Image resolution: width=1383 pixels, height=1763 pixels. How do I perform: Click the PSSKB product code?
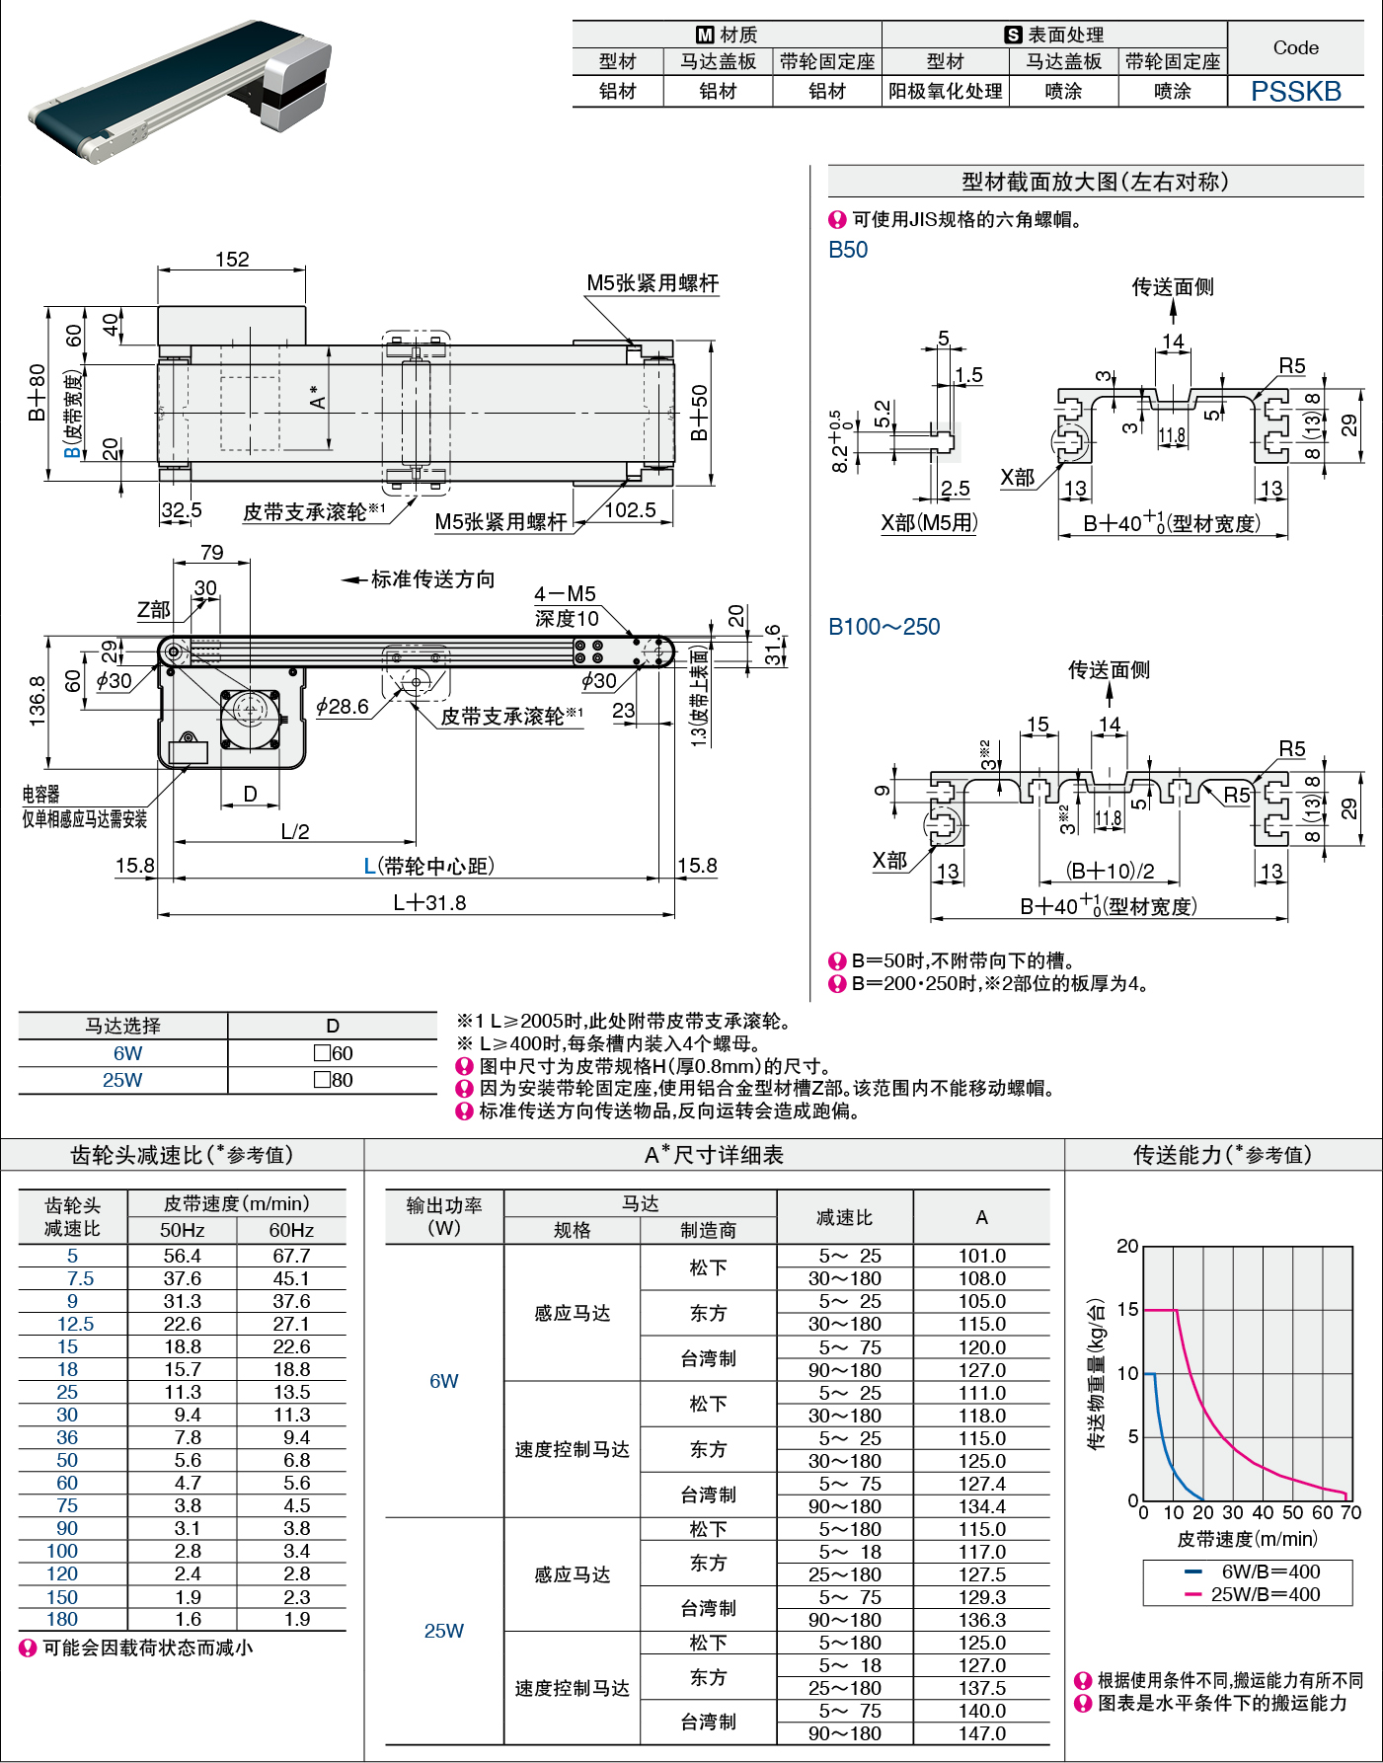[1295, 91]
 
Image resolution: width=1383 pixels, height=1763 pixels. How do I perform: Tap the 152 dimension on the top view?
[232, 259]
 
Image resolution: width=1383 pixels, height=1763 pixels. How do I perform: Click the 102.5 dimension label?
[630, 509]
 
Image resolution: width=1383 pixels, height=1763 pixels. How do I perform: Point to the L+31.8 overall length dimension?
[429, 902]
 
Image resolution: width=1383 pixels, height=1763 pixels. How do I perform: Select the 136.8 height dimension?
[38, 701]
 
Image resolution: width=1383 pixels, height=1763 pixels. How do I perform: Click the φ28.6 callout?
[342, 706]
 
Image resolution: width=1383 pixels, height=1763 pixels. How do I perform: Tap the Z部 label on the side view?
[153, 610]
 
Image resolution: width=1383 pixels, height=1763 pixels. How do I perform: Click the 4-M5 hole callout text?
[565, 594]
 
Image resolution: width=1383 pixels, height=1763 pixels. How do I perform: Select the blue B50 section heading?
[848, 250]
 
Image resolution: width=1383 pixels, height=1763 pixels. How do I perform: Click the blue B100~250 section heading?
[884, 627]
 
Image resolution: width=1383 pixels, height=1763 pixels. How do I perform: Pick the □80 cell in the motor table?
[333, 1080]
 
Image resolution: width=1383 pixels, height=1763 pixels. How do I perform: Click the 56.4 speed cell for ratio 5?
[183, 1256]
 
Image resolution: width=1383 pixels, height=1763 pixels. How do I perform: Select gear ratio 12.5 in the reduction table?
[76, 1324]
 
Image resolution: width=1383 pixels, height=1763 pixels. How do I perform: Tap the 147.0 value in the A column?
[982, 1733]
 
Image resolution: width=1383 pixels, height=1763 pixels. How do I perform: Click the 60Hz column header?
[291, 1230]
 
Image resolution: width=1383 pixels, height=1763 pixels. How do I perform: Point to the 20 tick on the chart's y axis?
[1127, 1246]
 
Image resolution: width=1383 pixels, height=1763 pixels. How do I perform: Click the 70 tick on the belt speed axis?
[1350, 1512]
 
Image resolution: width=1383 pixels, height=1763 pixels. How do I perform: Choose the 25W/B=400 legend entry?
[1253, 1594]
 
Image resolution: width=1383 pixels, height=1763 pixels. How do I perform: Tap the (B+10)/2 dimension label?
[1110, 871]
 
